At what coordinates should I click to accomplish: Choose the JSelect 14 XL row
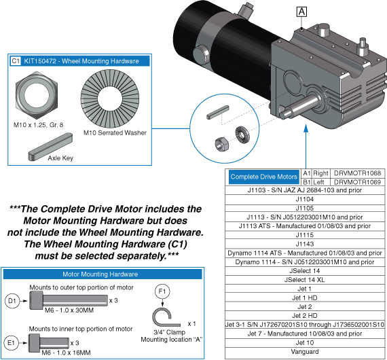tap(305, 280)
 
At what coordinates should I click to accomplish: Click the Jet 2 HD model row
tap(305, 314)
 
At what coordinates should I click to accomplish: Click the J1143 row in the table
tap(305, 242)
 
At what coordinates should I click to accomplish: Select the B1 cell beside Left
tap(307, 182)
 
